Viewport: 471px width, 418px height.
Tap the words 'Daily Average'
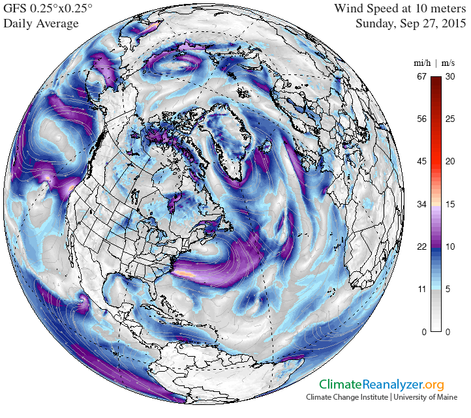click(41, 23)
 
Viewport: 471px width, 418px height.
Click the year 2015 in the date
click(453, 23)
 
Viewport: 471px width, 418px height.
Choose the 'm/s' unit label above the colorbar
click(448, 63)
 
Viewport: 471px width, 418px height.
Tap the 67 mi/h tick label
click(421, 76)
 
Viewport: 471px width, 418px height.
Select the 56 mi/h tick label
click(421, 119)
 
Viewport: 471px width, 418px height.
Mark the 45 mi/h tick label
click(421, 162)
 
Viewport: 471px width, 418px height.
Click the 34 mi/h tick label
click(421, 204)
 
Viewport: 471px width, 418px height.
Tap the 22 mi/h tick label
click(421, 246)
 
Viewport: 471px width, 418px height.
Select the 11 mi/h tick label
click(421, 290)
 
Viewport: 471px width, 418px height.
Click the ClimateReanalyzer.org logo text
click(382, 385)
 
